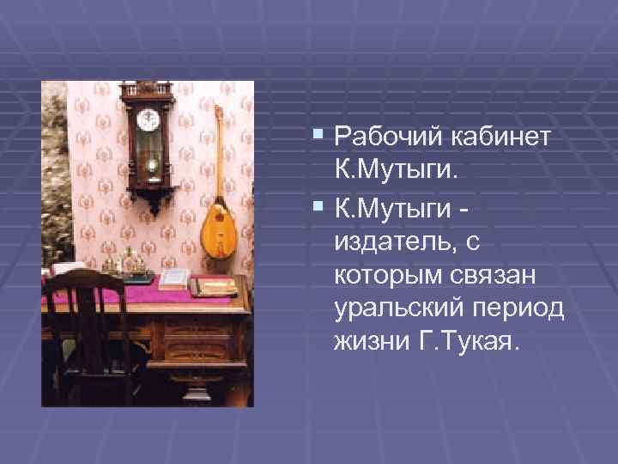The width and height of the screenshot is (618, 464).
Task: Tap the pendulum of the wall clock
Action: pos(151,163)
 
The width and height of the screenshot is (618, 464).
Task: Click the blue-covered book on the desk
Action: pos(175,278)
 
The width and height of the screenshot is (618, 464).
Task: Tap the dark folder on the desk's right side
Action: pos(212,286)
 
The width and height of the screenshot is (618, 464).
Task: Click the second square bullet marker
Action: pos(319,207)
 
